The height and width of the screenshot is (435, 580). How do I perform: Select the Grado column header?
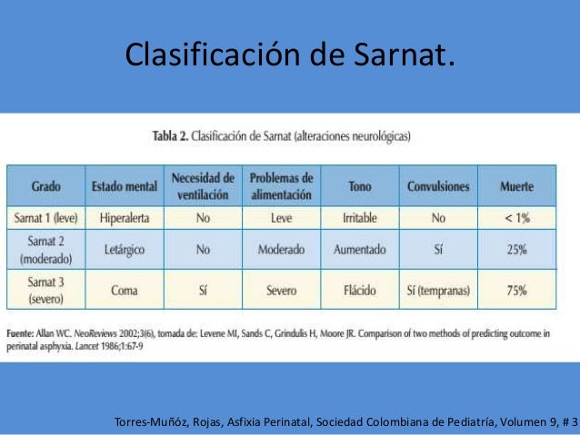pos(46,187)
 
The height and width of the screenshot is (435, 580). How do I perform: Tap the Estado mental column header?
pos(124,187)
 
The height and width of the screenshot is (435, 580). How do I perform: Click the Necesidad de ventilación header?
pos(202,186)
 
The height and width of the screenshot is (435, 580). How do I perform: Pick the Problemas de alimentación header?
pos(281,186)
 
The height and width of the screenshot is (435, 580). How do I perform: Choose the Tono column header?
pos(359,187)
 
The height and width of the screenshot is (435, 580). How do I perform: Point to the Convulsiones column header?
pos(438,187)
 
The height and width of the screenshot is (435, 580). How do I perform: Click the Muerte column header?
pos(516,187)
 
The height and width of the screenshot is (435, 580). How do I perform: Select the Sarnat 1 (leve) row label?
pos(46,218)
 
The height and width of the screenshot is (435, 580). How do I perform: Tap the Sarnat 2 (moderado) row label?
pos(46,249)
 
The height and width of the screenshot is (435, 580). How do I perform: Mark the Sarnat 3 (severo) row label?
pos(46,291)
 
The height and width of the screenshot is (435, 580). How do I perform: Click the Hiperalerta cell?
pos(124,218)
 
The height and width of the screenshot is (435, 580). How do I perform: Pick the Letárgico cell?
pos(124,249)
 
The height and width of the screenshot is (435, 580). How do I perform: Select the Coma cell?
pos(124,291)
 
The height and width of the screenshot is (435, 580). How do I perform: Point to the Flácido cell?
pos(359,291)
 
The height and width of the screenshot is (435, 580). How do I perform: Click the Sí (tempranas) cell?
pos(438,291)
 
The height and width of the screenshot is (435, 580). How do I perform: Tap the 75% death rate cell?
pos(516,291)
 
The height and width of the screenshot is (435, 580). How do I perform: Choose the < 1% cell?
pos(516,218)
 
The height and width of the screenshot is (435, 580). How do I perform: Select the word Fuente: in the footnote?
pos(23,334)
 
